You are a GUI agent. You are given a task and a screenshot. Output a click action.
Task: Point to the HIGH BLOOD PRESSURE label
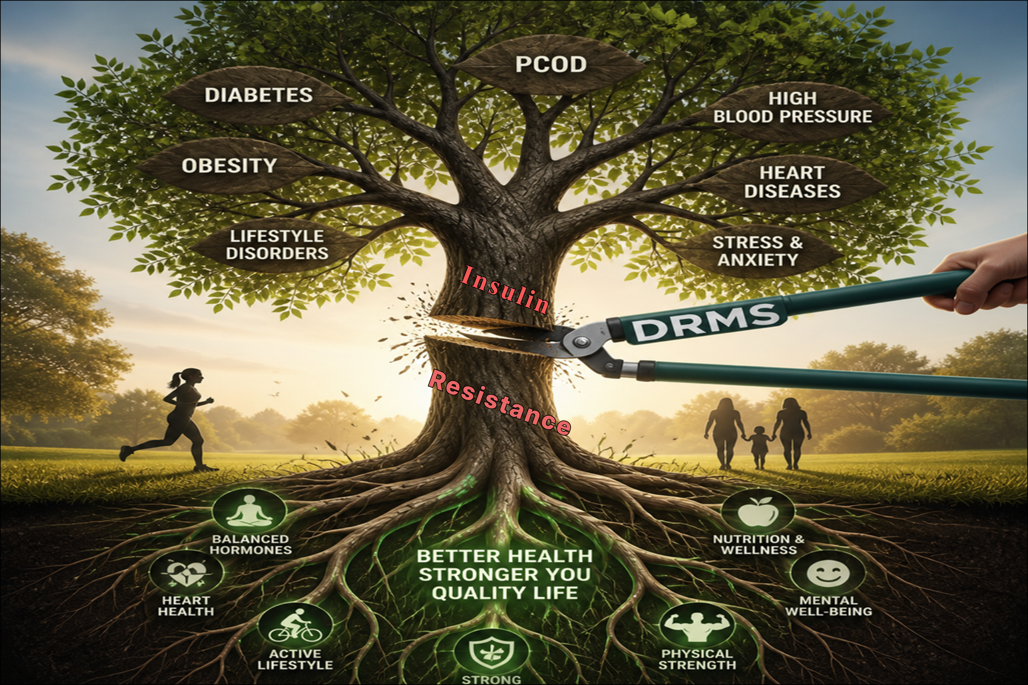pos(792,108)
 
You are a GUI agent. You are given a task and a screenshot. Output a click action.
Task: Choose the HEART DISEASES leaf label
pos(792,182)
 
